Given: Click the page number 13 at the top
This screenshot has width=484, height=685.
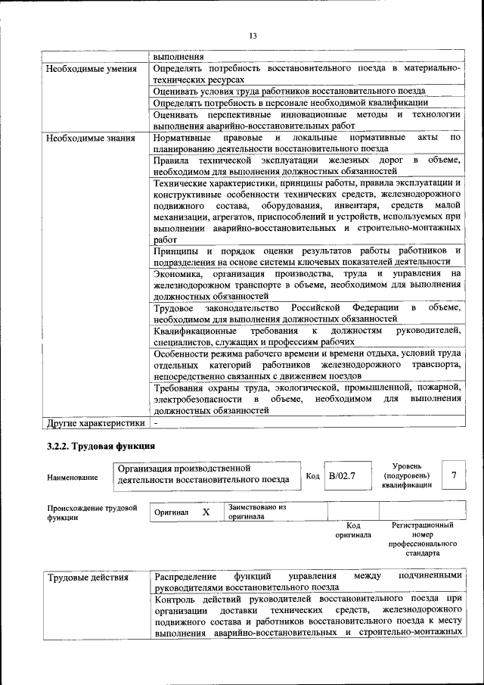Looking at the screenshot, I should [x=253, y=36].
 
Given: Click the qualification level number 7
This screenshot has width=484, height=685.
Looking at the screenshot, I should [x=454, y=475].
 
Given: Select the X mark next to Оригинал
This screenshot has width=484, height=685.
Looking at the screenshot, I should [x=206, y=512].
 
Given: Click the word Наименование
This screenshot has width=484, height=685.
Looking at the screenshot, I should [x=72, y=478].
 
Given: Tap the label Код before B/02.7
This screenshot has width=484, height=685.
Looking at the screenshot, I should [x=313, y=476].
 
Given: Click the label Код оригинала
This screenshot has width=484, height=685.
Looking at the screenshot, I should [x=353, y=530].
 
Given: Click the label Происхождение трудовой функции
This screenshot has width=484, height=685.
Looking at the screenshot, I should [x=92, y=512].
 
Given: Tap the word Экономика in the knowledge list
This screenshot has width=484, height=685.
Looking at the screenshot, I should [x=177, y=273].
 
